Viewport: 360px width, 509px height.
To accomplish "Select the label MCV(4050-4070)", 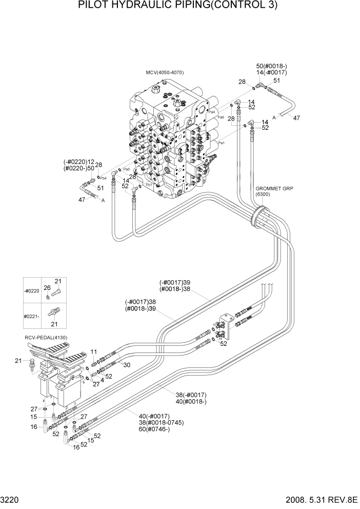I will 165,73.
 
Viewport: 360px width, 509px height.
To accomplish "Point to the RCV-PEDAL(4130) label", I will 46,337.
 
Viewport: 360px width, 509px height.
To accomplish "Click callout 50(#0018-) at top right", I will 271,66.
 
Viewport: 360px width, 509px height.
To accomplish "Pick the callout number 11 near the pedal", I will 94,351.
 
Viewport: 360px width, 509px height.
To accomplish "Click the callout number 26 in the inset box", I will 47,287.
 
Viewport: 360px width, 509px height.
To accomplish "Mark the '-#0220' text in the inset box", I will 32,291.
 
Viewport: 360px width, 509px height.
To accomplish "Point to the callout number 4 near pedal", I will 102,380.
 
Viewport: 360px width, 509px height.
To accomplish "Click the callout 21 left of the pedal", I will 18,361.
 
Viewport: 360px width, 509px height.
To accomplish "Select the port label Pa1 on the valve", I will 222,143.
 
